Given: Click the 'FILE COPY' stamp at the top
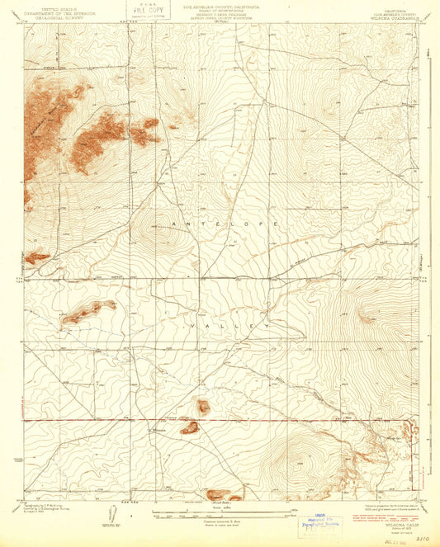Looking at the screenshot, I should [144, 12].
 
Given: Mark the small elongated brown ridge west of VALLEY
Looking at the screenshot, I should [88, 312].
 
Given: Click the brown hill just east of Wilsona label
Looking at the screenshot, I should [190, 427].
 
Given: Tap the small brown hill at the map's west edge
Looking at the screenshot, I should [37, 258].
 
